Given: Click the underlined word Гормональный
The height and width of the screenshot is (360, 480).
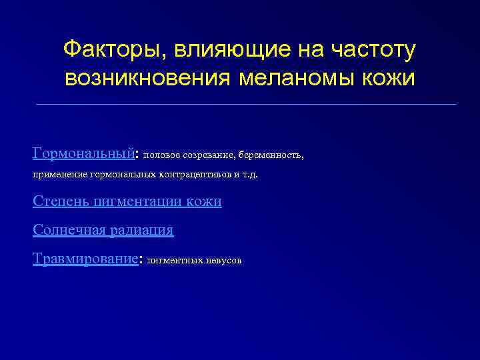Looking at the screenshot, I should pos(83,153).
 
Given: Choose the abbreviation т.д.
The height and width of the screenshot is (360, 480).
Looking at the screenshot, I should pos(249,175).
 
